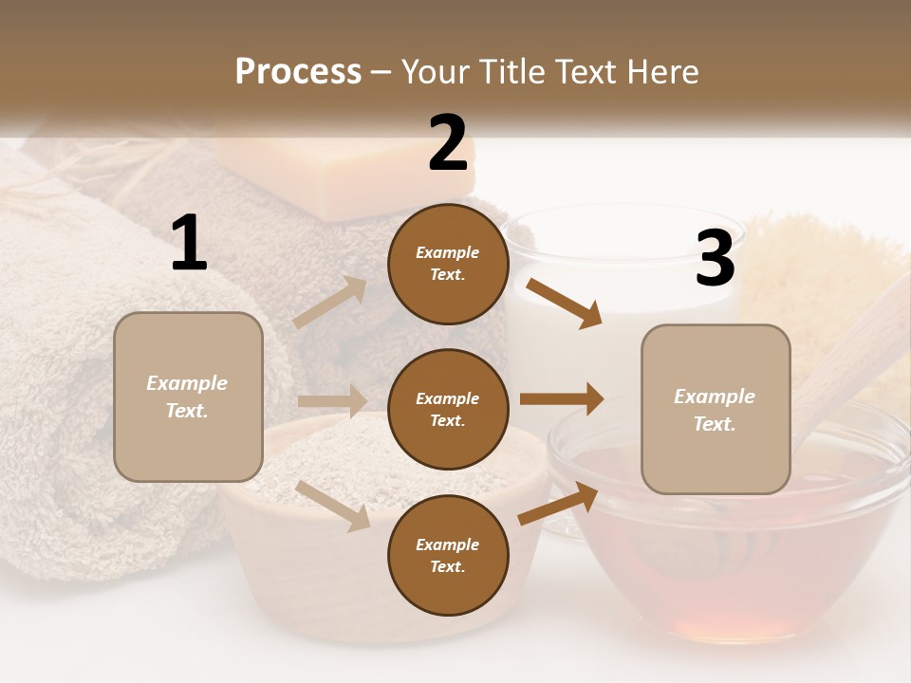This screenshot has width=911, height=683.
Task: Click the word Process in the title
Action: click(298, 72)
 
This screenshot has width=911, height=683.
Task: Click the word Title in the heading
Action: click(511, 72)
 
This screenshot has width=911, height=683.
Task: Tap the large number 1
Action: click(189, 243)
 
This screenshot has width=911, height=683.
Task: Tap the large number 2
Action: click(448, 143)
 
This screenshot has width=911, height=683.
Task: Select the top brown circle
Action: click(448, 264)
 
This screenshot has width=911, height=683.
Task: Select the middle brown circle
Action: click(448, 409)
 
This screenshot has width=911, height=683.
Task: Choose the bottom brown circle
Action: click(448, 555)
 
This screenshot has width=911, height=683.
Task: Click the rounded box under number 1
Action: click(188, 397)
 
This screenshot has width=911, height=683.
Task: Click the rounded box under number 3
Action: click(716, 409)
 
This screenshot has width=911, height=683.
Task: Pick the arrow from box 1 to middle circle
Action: click(332, 401)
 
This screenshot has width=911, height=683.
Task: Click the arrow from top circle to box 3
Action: click(565, 303)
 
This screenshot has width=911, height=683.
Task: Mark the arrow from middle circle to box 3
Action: click(562, 399)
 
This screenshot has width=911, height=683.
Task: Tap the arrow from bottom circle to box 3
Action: click(558, 504)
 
